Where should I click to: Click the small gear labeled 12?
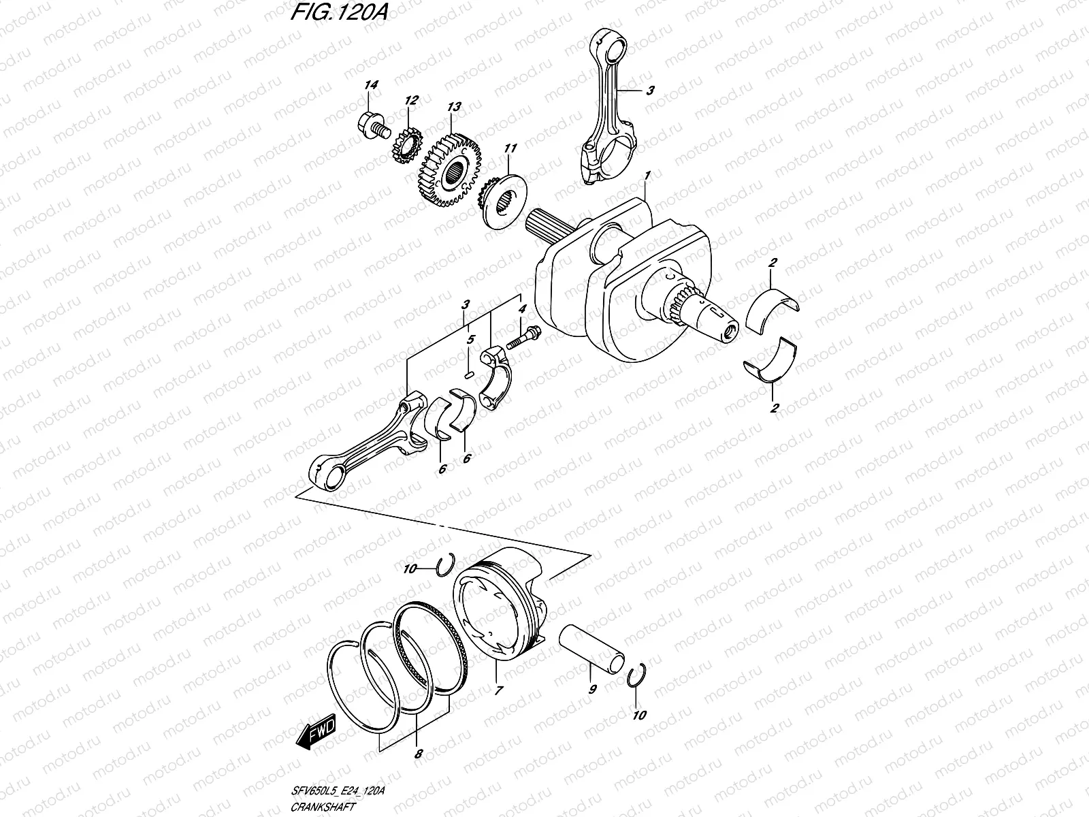pyautogui.click(x=404, y=145)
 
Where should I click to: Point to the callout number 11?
pyautogui.click(x=510, y=148)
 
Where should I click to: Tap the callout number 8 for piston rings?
pyautogui.click(x=418, y=754)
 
